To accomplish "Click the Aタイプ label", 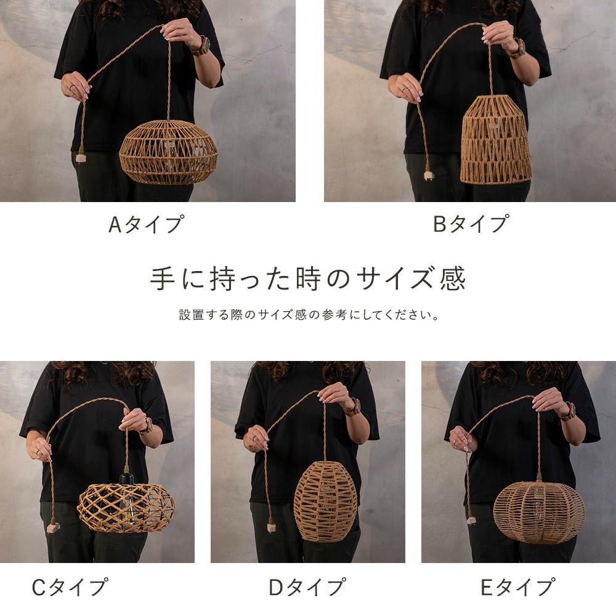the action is pos(146,224).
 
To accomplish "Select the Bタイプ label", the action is pos(471,224).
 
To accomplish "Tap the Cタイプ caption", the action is pos(69,587).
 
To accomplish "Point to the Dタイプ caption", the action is pos(307,587).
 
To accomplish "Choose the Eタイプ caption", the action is pos(518,587).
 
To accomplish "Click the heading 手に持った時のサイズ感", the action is pos(307,278).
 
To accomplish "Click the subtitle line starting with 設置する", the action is pos(309,315).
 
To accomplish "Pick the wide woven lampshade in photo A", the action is pos(168,152).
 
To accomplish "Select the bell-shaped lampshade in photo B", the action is pos(496,139).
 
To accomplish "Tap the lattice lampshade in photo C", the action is pos(126,507).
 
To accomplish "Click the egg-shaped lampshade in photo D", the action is pos(326,501).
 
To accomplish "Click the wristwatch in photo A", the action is pos(202,46).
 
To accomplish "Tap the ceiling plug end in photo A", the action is pos(81,156).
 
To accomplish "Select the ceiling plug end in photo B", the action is pos(428,174).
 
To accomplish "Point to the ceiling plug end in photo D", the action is pos(270,527).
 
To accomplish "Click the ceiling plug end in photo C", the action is pos(52,527).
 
